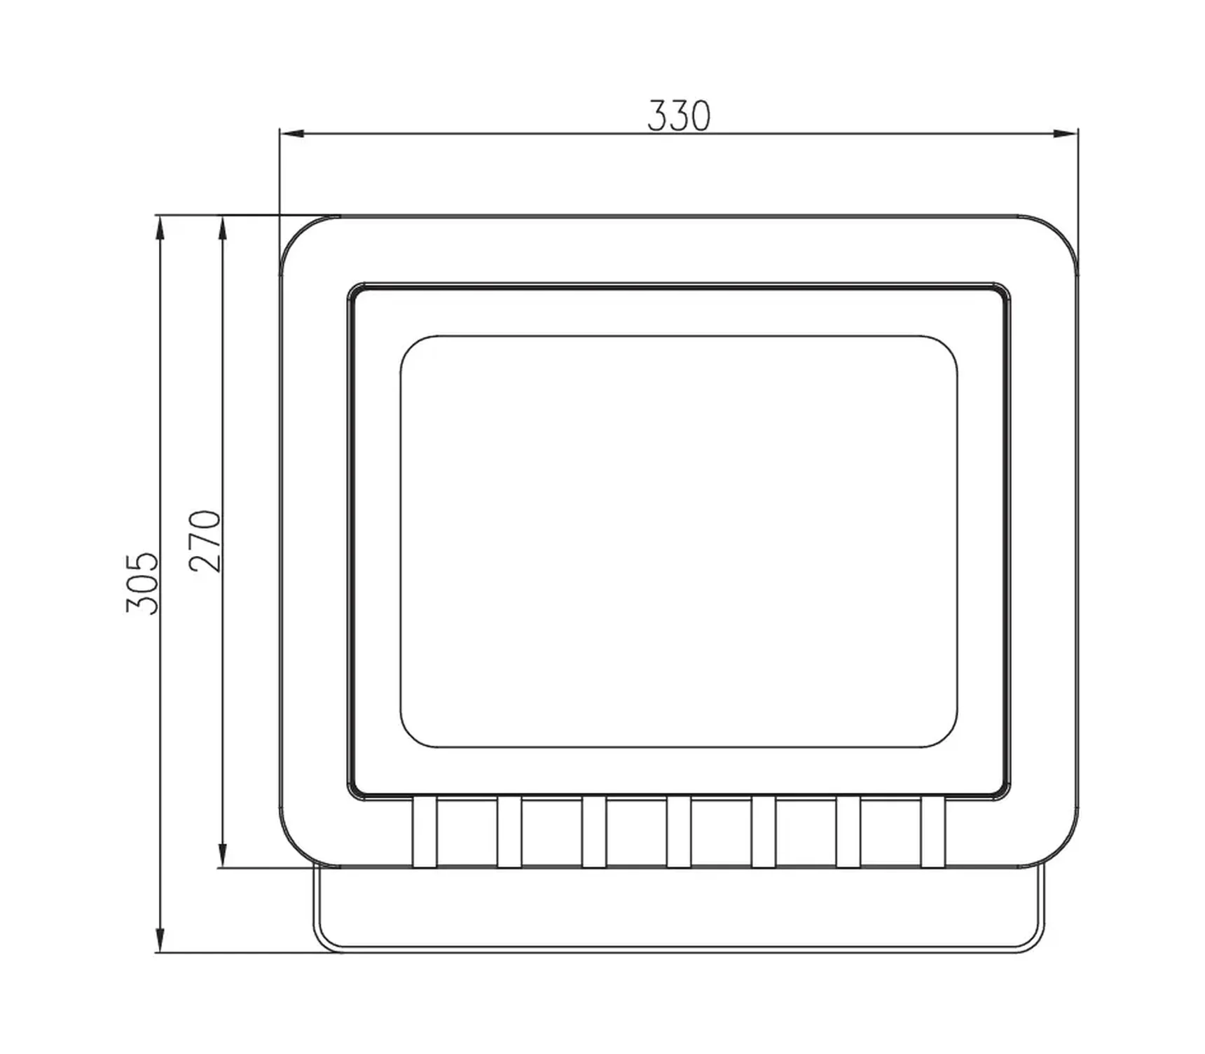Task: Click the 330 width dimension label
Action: [678, 116]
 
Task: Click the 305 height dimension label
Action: [142, 583]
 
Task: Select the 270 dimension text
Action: [205, 541]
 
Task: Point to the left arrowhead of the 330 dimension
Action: [291, 133]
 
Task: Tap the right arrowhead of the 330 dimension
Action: [1066, 133]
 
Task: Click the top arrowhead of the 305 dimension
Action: [160, 228]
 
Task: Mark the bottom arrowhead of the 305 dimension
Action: [160, 940]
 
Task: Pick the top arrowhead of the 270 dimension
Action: [223, 228]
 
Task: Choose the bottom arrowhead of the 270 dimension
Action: [223, 856]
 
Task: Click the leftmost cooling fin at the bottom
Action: [425, 832]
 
